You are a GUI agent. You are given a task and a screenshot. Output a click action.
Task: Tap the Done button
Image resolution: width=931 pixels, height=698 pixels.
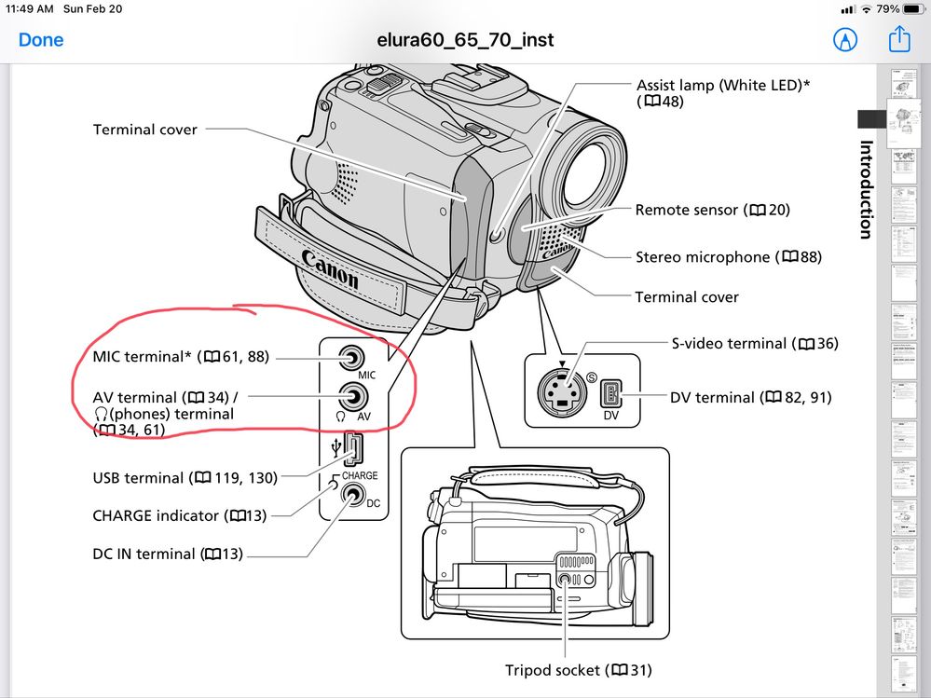41,40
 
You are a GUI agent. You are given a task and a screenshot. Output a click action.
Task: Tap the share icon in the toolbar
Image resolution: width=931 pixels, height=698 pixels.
898,40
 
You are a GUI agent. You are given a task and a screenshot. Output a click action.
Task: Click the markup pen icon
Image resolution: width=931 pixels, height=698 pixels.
845,40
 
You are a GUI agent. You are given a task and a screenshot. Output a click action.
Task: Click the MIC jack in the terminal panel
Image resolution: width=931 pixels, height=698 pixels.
350,358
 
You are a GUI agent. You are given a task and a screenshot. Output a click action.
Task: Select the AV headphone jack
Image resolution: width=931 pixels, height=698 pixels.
350,396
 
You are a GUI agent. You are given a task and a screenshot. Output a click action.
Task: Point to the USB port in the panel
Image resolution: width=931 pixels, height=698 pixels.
353,450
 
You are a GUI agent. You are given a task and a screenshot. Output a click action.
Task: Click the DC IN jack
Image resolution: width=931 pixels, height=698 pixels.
350,496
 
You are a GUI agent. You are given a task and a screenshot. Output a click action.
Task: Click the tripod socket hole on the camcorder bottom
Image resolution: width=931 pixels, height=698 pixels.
566,580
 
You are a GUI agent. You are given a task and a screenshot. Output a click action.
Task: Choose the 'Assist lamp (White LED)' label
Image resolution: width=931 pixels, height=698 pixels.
723,85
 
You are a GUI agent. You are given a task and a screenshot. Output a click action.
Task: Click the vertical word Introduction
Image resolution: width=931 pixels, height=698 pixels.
866,189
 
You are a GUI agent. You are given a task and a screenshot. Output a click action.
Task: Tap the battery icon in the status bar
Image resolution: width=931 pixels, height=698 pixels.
915,9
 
